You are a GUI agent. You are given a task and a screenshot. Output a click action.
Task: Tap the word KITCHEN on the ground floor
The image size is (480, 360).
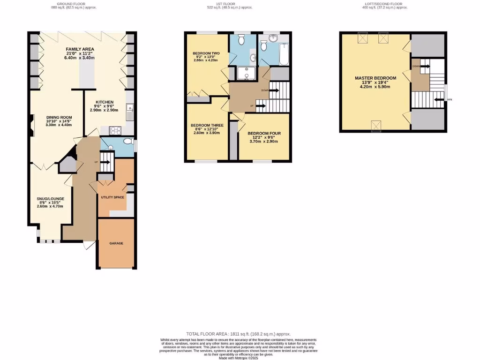tap(105, 102)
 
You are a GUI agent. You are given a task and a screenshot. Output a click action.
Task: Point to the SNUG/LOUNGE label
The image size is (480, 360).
tap(51, 199)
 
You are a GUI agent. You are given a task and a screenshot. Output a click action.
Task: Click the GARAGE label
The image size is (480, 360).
tap(116, 244)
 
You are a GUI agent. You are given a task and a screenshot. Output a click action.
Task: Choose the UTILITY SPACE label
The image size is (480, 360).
tap(112, 197)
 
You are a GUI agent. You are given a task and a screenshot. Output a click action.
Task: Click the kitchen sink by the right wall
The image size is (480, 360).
tap(129, 112)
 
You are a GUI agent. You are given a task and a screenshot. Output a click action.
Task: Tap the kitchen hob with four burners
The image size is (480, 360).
tap(115, 130)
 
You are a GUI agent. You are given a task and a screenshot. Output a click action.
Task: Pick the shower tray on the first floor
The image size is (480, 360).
tap(244, 73)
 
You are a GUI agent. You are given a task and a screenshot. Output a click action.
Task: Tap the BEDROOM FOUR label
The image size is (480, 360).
tap(264, 134)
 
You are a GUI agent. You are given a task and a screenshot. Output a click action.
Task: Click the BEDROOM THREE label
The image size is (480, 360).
tap(207, 126)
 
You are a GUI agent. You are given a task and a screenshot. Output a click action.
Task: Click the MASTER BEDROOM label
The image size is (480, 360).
tap(375, 78)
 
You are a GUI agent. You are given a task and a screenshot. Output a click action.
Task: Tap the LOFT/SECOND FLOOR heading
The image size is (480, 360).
tap(386, 4)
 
